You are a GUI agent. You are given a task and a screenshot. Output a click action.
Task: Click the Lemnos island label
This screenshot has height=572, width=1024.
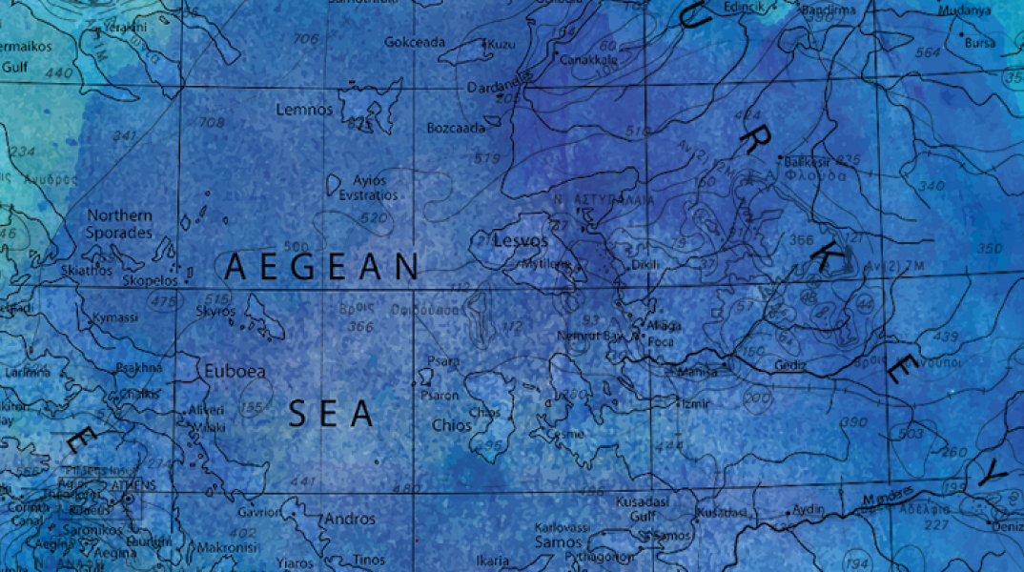click(x=304, y=110)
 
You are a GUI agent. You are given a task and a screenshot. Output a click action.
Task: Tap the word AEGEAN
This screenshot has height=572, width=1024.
click(x=321, y=268)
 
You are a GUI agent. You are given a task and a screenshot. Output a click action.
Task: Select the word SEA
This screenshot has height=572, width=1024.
click(x=330, y=414)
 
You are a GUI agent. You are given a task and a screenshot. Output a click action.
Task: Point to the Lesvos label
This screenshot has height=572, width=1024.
click(x=521, y=241)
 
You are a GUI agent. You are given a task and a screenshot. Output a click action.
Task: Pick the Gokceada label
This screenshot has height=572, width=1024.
click(x=415, y=42)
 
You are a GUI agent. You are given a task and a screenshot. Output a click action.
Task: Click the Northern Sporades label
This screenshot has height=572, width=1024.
click(x=119, y=224)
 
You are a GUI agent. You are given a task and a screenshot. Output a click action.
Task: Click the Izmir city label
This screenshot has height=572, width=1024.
click(x=691, y=403)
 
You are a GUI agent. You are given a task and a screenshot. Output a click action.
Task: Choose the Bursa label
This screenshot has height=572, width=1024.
click(x=979, y=43)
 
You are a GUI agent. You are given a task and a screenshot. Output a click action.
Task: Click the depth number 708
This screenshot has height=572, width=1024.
click(x=212, y=123)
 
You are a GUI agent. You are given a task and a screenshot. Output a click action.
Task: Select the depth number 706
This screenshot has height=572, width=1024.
click(x=306, y=39)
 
